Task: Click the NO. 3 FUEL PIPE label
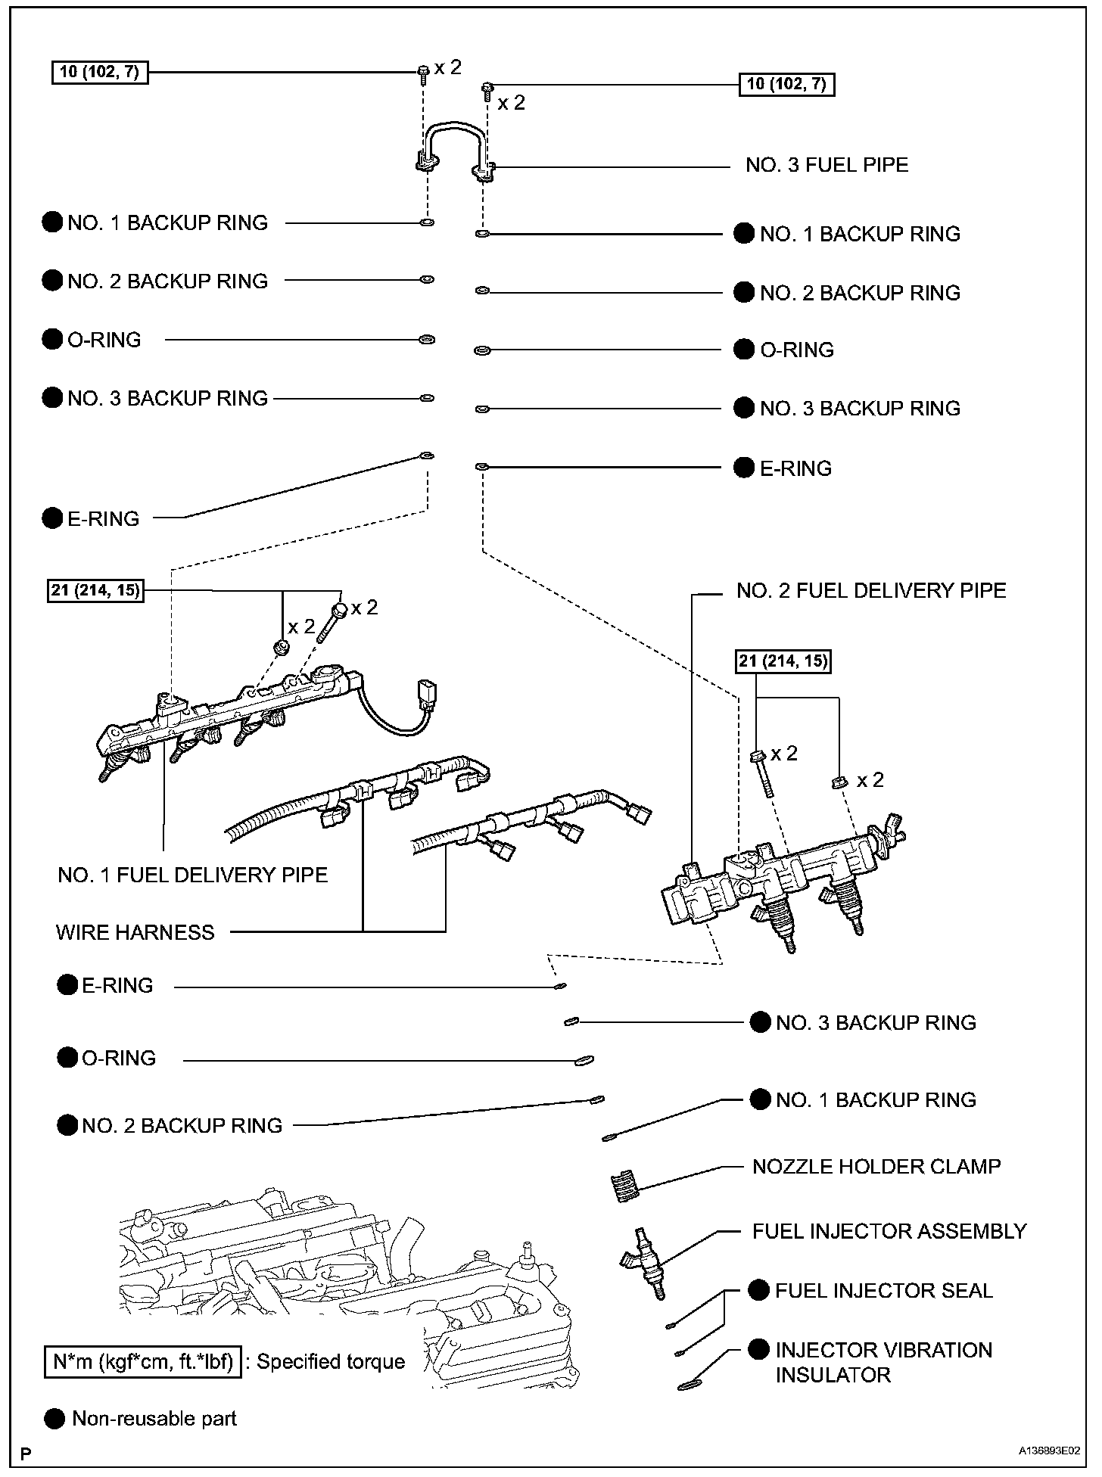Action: [826, 165]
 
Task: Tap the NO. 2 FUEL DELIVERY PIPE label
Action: [871, 590]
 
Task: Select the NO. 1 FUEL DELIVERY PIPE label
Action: [192, 875]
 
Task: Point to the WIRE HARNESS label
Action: [135, 932]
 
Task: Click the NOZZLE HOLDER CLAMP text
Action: [876, 1166]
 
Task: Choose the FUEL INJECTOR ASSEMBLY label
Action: [889, 1231]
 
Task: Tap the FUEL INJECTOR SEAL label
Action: [883, 1290]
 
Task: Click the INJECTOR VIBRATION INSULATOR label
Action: [883, 1362]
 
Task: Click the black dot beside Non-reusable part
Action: [54, 1419]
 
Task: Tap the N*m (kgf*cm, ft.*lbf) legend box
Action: [143, 1362]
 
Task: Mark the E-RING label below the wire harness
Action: [117, 985]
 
